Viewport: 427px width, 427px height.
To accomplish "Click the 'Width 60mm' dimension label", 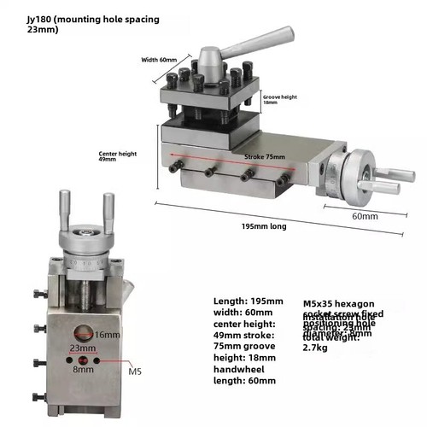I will [157, 60].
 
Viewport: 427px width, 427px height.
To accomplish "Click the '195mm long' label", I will [262, 227].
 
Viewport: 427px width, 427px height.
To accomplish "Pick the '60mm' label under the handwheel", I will [365, 216].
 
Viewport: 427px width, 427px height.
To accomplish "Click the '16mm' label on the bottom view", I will [107, 334].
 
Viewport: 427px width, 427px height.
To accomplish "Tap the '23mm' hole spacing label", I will [81, 349].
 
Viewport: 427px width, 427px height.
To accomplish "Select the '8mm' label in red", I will [82, 370].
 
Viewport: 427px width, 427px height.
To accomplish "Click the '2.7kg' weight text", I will [317, 348].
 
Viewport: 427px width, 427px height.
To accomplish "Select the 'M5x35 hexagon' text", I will [339, 302].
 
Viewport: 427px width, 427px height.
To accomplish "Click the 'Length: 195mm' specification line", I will [247, 301].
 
